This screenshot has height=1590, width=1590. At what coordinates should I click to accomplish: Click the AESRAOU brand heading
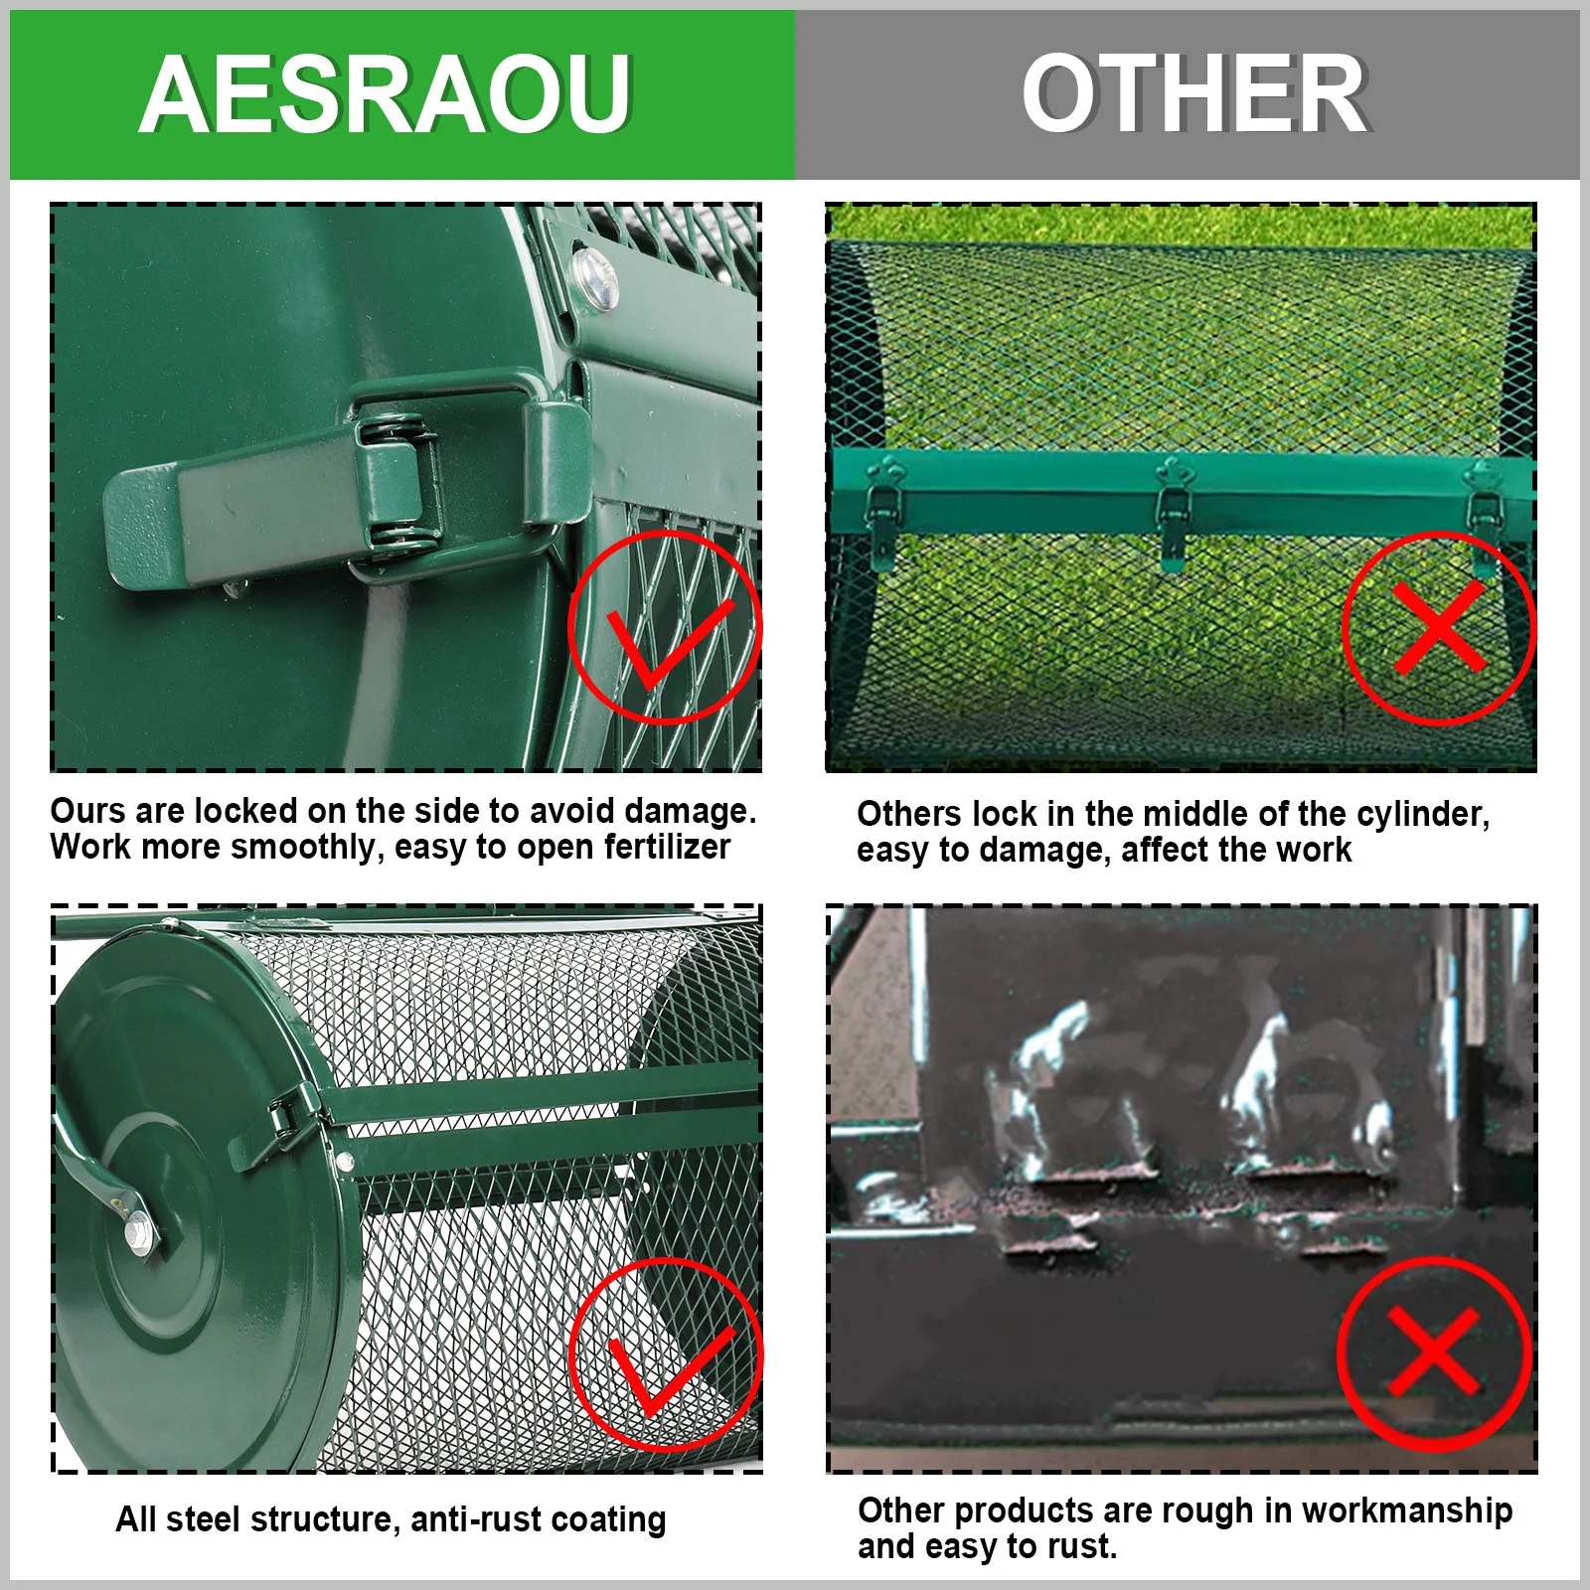click(386, 93)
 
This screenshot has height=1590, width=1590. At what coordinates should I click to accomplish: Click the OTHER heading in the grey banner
click(1194, 93)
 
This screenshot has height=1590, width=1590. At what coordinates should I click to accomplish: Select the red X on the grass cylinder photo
click(1438, 627)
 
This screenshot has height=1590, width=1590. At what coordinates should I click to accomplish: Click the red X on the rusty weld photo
click(1434, 1351)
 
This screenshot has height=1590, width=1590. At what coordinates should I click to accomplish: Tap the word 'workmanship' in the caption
click(1407, 1510)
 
